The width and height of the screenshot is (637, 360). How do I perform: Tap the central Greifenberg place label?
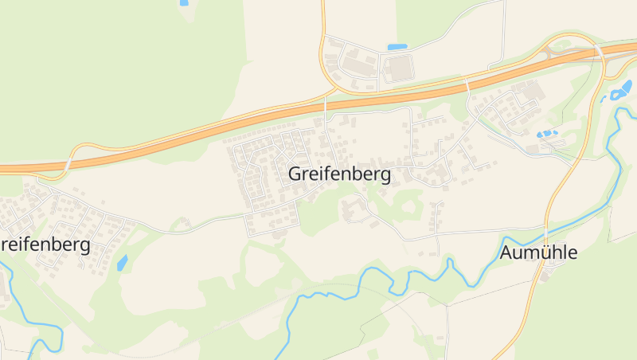coord(340,174)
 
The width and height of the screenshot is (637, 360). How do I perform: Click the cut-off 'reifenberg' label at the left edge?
coord(45,245)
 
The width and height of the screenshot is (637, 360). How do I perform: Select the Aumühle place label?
coord(538,253)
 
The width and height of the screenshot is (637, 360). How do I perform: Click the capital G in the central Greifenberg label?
coord(296,174)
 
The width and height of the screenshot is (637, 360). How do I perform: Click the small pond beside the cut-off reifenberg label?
coord(122,262)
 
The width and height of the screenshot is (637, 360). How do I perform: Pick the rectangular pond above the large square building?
coord(397,47)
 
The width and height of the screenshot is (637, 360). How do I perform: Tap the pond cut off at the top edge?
coord(184,2)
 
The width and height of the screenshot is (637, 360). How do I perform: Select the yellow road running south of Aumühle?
coord(522,319)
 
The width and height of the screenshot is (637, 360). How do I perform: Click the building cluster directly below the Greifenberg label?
coord(354,209)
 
